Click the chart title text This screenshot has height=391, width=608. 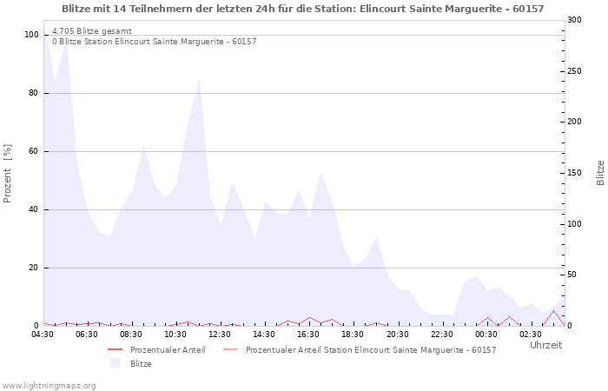[303, 9]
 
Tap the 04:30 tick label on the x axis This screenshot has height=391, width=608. [43, 334]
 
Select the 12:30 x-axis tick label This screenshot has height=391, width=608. [221, 334]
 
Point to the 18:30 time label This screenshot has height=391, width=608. [354, 334]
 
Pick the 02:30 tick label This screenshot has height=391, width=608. [532, 334]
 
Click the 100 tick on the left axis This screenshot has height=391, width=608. [31, 35]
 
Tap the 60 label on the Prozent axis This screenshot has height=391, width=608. [34, 151]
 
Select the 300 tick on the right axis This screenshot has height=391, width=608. [574, 20]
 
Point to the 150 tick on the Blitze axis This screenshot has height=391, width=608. [574, 173]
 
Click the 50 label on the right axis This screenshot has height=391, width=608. [572, 275]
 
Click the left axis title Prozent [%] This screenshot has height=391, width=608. [9, 174]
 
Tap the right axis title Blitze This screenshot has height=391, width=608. [600, 172]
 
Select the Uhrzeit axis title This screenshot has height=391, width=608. [545, 345]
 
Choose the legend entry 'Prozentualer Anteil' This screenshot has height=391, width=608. [168, 350]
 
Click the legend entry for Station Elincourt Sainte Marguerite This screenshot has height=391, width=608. [371, 350]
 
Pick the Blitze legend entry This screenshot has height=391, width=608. [141, 363]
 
